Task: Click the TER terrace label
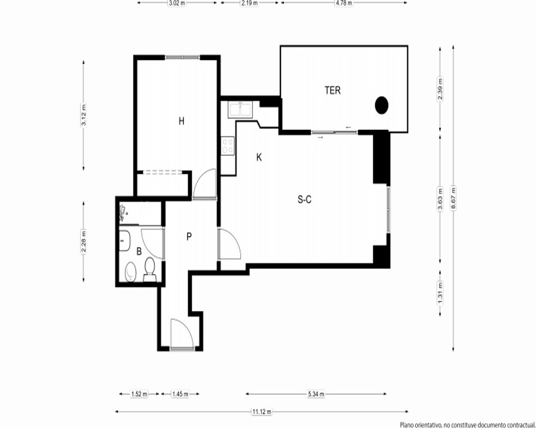pyautogui.click(x=332, y=90)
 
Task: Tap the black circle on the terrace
pyautogui.click(x=382, y=105)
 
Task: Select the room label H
pyautogui.click(x=182, y=121)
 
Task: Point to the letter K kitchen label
pyautogui.click(x=259, y=157)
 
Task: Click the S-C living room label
pyautogui.click(x=304, y=200)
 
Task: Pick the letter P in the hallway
pyautogui.click(x=189, y=236)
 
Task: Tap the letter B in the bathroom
pyautogui.click(x=139, y=251)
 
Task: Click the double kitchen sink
pyautogui.click(x=241, y=110)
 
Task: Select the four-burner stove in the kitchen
pyautogui.click(x=228, y=146)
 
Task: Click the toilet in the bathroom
pyautogui.click(x=150, y=270)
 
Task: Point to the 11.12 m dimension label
pyautogui.click(x=262, y=411)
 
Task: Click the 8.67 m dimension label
pyautogui.click(x=453, y=198)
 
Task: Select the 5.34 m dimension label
pyautogui.click(x=316, y=394)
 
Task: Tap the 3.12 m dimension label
pyautogui.click(x=84, y=114)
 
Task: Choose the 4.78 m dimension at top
pyautogui.click(x=344, y=3)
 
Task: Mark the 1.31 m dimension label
pyautogui.click(x=440, y=293)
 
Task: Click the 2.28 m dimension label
pyautogui.click(x=84, y=242)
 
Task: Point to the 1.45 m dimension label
pyautogui.click(x=180, y=394)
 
